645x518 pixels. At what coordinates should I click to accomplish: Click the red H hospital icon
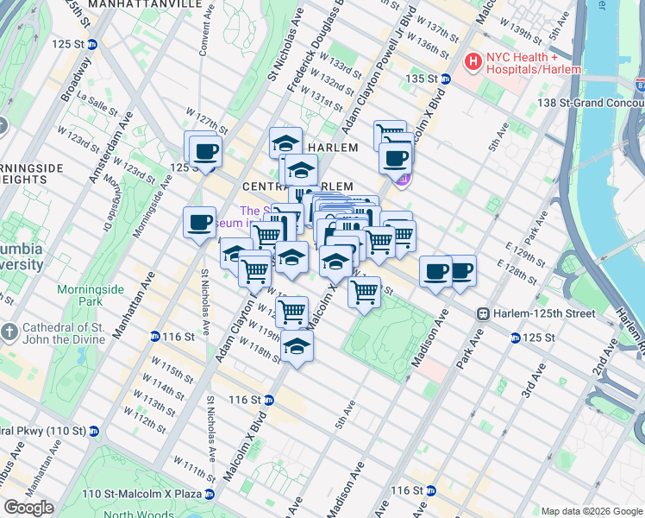pos(473,61)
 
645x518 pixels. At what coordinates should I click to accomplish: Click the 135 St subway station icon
pos(446,79)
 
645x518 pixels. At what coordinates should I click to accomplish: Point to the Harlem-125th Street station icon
pos(485,313)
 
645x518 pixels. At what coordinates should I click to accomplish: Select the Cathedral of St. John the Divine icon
pos(9,332)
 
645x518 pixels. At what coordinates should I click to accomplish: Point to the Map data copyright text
pos(591,511)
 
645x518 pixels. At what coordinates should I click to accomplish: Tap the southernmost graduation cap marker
pos(297,346)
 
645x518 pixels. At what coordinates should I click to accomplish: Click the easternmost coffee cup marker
pos(461,271)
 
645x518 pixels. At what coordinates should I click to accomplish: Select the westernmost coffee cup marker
pos(199,224)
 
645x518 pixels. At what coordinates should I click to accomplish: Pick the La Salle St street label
pos(97,98)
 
